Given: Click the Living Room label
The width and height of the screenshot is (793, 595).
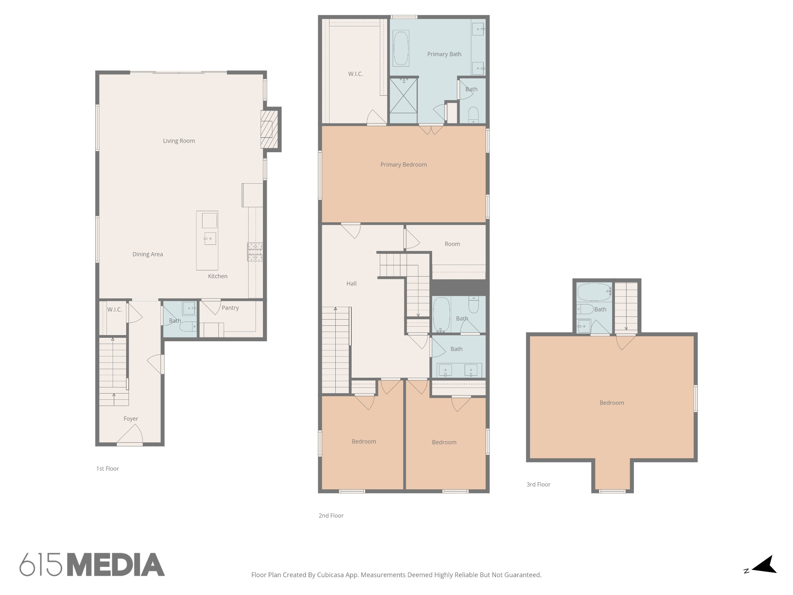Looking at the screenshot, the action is point(179,141).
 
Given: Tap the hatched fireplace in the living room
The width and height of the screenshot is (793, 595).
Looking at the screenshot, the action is point(269,129).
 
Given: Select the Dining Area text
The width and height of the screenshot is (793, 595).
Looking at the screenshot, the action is point(148,255).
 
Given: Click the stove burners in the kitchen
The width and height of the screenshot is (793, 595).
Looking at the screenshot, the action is point(255,252).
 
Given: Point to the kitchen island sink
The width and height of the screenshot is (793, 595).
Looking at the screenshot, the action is point(210,239).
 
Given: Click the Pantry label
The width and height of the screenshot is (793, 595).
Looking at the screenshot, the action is point(230,308).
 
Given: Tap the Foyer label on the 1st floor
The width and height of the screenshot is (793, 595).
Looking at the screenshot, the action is point(131,419).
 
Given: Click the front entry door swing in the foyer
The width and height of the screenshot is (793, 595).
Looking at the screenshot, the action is point(130,434).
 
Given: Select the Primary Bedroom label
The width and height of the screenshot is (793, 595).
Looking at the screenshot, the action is point(403,165).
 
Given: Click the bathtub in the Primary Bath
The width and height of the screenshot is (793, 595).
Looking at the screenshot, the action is point(401,48).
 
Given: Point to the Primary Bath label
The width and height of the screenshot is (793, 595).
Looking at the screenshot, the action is point(444,54).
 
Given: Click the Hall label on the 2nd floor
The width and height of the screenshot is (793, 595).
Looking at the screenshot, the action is point(352,284).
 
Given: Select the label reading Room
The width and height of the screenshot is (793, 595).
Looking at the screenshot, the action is point(452,244).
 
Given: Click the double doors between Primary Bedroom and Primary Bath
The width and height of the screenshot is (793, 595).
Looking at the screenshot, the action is point(431,129).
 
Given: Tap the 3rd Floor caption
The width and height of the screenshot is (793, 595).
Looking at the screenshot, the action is point(538,485).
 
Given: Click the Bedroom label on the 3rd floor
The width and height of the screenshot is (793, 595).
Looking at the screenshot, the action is point(612,403).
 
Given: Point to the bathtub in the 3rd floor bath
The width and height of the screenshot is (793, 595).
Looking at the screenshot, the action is point(594,292).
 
